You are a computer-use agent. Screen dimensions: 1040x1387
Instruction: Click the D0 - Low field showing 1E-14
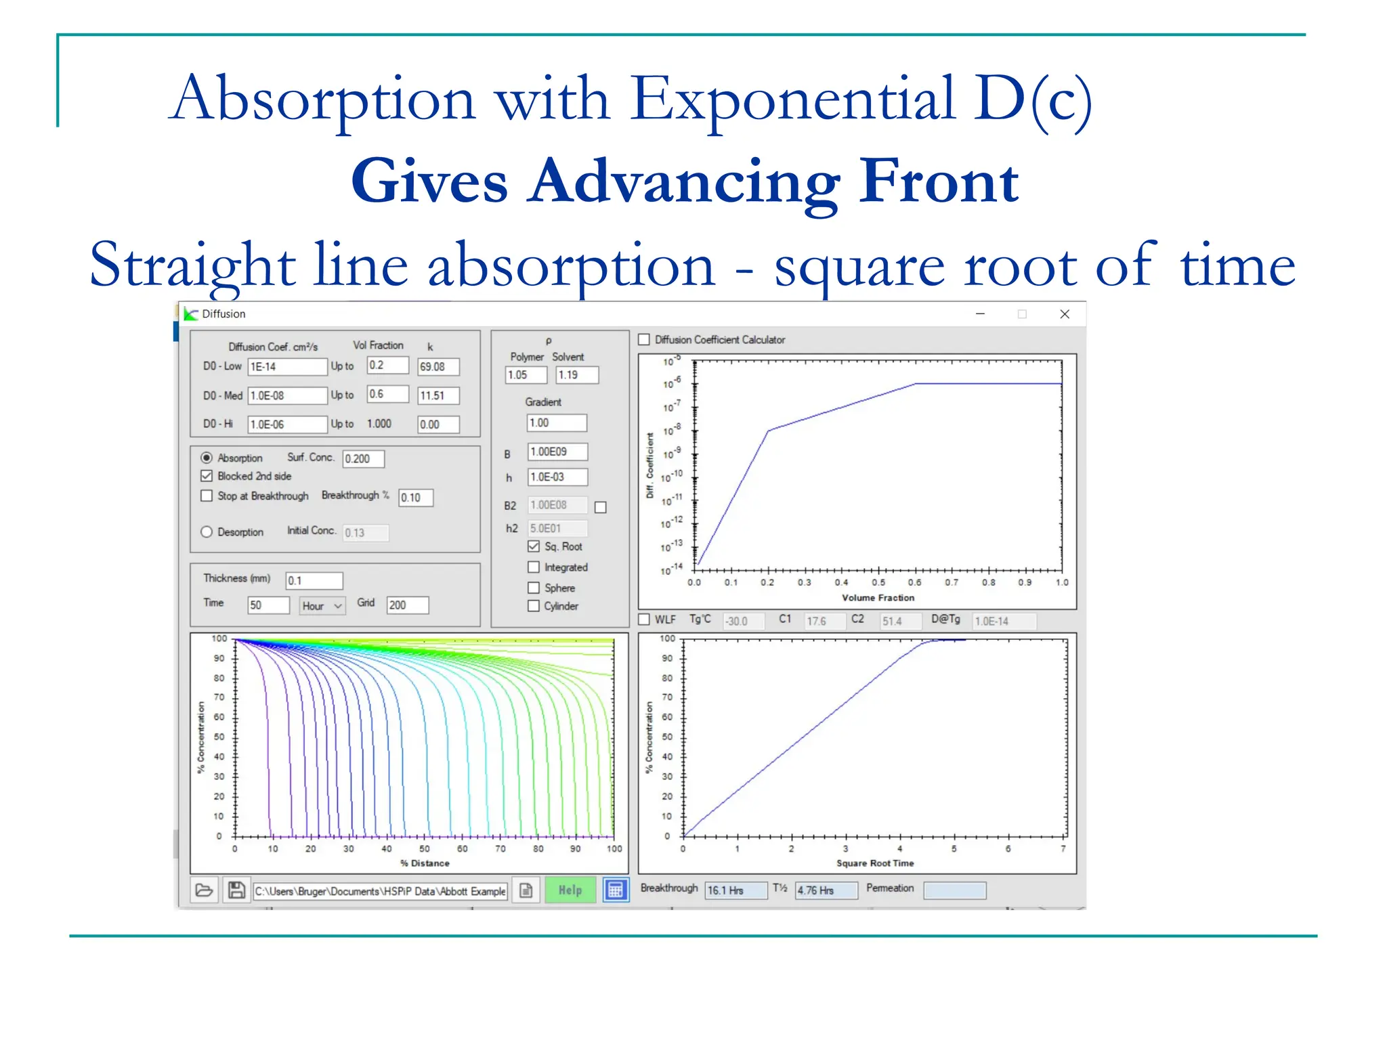click(286, 367)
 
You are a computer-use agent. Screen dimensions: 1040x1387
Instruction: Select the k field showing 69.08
click(438, 367)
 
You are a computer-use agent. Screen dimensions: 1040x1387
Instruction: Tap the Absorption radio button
click(207, 458)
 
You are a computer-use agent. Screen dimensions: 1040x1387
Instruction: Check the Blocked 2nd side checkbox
click(207, 476)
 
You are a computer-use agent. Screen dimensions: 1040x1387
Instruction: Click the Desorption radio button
click(207, 532)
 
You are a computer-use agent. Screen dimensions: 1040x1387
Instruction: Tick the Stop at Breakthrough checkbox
click(207, 496)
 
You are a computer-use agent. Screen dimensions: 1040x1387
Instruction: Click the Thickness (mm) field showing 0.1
click(314, 580)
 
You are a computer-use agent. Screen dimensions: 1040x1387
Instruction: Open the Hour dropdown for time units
click(322, 605)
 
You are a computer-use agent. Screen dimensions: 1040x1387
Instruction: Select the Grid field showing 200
click(407, 605)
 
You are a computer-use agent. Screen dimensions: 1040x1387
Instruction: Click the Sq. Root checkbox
click(534, 546)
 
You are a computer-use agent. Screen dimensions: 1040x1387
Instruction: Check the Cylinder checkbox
click(534, 606)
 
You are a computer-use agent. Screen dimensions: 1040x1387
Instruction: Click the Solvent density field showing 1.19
click(577, 375)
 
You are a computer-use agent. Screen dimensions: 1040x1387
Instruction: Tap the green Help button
click(570, 890)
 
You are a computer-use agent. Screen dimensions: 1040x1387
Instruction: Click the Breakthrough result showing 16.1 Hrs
click(735, 890)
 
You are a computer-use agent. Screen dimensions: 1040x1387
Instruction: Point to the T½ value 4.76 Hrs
click(826, 890)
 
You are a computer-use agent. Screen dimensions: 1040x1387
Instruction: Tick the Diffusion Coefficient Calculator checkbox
click(644, 340)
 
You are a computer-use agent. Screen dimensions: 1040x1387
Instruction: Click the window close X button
click(1065, 314)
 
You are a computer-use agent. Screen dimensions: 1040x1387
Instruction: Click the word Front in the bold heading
click(939, 181)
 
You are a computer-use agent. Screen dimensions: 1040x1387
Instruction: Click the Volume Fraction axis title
click(878, 598)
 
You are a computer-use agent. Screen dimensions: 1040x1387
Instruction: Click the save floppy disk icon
click(236, 890)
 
